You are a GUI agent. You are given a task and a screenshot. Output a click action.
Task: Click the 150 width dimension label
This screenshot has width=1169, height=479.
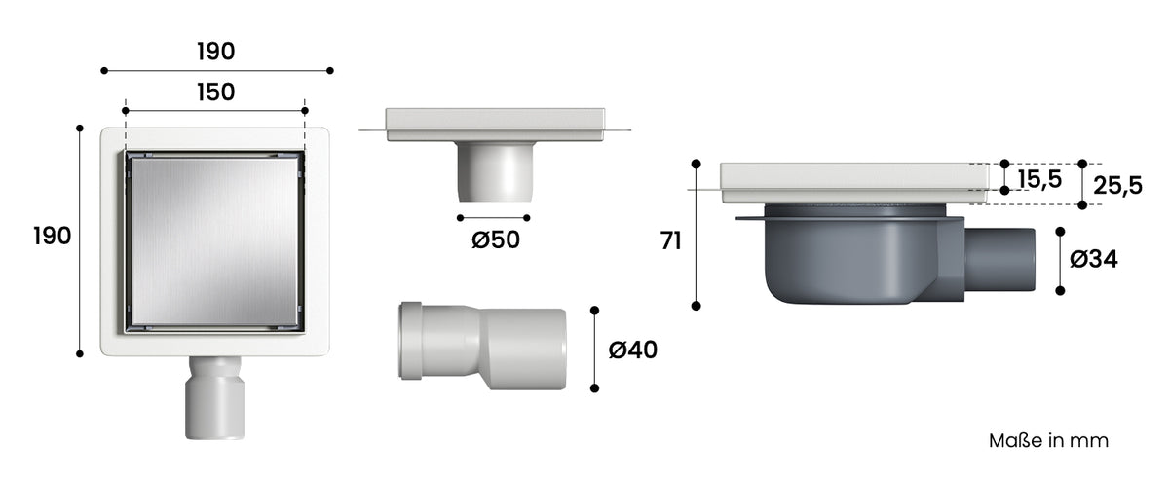[x=215, y=92]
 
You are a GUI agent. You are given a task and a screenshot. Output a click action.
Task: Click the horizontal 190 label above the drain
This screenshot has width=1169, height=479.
[x=215, y=52]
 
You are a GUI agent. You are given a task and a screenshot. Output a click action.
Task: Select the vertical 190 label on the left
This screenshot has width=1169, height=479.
[x=53, y=237]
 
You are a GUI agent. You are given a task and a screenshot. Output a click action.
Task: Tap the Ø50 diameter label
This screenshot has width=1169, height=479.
[x=495, y=240]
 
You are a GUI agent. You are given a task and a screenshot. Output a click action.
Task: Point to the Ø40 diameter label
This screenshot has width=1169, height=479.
[x=632, y=350]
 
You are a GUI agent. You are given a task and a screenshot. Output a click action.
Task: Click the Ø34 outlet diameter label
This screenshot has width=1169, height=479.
[x=1093, y=259]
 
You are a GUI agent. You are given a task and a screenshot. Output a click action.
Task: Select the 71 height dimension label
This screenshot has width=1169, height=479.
[x=670, y=241]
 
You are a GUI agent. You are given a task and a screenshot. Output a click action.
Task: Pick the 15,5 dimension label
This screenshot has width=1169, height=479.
[x=1039, y=179]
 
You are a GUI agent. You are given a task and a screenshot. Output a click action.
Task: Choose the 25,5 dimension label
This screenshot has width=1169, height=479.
[x=1118, y=186]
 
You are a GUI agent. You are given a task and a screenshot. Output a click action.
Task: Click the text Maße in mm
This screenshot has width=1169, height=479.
[x=1048, y=441]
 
